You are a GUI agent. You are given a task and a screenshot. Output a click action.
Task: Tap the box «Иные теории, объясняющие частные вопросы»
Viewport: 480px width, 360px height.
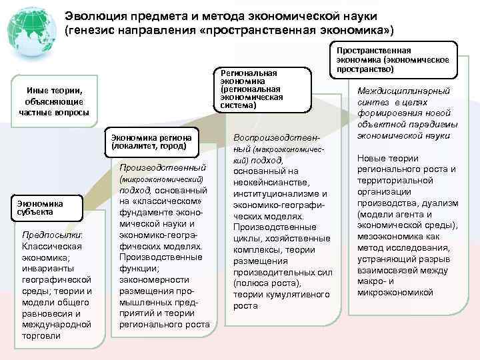click(x=53, y=101)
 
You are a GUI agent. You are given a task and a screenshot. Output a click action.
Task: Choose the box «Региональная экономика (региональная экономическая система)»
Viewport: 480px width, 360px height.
click(x=261, y=87)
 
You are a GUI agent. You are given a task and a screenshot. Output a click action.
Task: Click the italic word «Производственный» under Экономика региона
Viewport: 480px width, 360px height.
click(x=163, y=167)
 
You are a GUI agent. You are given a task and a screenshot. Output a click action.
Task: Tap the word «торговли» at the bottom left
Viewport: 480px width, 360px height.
click(x=41, y=335)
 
